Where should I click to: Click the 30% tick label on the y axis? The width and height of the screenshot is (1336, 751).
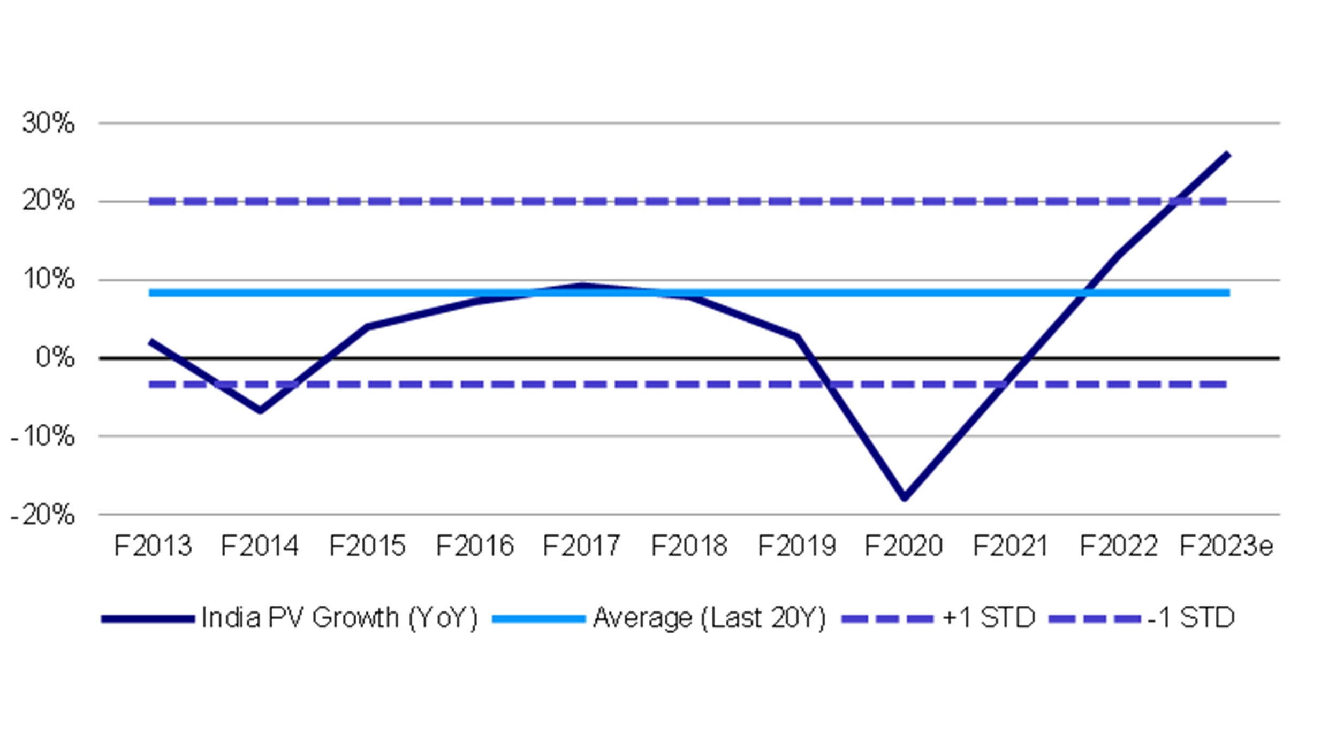[x=48, y=123]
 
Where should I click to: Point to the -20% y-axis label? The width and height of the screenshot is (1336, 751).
[x=43, y=515]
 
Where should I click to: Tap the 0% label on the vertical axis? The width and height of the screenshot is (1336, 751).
[x=55, y=357]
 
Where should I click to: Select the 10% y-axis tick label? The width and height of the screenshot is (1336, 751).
[x=48, y=279]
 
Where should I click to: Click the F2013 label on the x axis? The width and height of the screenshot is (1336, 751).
[x=153, y=546]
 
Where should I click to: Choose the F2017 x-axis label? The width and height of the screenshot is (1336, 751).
[x=581, y=546]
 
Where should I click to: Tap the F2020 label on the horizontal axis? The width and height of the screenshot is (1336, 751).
[x=904, y=546]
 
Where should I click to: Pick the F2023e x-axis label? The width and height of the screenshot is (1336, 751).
[x=1226, y=546]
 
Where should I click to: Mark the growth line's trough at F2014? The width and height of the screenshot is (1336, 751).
[x=260, y=410]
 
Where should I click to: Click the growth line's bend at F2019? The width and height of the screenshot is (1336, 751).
[x=797, y=336]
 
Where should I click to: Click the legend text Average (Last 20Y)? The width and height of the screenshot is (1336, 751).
[x=710, y=618]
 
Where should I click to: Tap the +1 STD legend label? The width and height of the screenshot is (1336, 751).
[x=989, y=618]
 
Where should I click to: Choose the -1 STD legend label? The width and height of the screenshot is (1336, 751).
[x=1191, y=618]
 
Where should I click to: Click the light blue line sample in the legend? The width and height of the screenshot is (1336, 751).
[x=538, y=619]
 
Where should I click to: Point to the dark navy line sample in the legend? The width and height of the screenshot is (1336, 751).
[x=148, y=619]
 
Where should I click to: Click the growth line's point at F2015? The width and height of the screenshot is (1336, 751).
[x=368, y=326]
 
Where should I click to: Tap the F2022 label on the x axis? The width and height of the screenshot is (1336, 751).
[x=1119, y=546]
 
